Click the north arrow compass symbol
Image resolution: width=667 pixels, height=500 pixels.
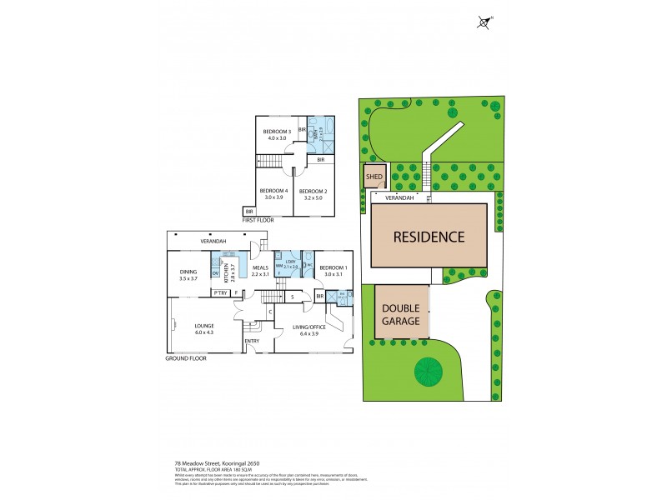pyautogui.click(x=485, y=22)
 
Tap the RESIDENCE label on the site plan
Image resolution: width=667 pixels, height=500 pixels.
pyautogui.click(x=430, y=236)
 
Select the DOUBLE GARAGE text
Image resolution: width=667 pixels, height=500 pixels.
pyautogui.click(x=402, y=312)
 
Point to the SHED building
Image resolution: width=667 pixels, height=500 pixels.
pyautogui.click(x=373, y=177)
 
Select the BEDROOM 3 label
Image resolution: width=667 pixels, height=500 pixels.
pyautogui.click(x=277, y=132)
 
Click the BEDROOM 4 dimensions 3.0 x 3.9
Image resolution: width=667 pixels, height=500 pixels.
pyautogui.click(x=274, y=197)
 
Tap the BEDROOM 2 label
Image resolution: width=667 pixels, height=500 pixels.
pyautogui.click(x=313, y=191)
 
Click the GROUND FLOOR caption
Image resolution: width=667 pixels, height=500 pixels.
pyautogui.click(x=186, y=357)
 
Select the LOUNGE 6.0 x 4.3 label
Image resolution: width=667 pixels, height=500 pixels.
pyautogui.click(x=205, y=328)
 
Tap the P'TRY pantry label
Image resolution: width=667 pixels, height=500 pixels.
pyautogui.click(x=221, y=293)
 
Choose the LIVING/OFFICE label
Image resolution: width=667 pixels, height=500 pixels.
pyautogui.click(x=309, y=327)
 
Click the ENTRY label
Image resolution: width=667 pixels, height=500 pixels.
pyautogui.click(x=252, y=341)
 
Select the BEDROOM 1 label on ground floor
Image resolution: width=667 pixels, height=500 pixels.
pyautogui.click(x=333, y=267)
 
